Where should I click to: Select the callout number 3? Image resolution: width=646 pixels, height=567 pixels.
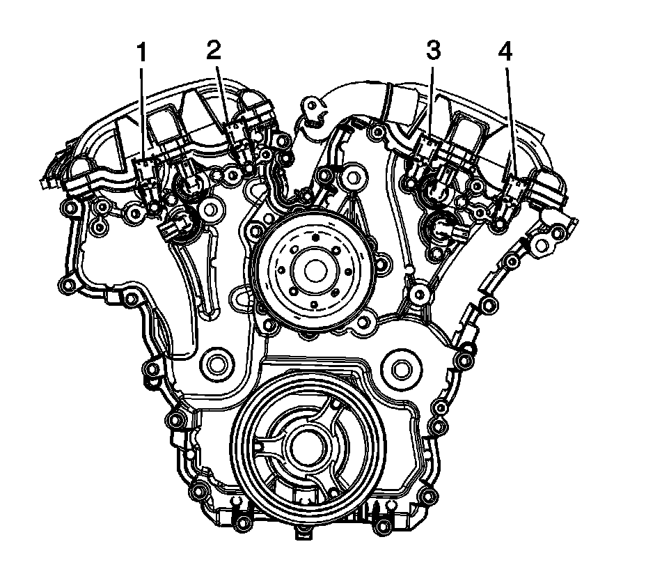(x=434, y=51)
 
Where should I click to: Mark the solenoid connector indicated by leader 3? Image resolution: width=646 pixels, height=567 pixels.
(x=426, y=146)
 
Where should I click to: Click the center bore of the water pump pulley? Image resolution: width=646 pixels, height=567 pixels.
(x=307, y=268)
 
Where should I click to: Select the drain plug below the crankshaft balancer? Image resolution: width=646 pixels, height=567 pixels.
(x=302, y=534)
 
